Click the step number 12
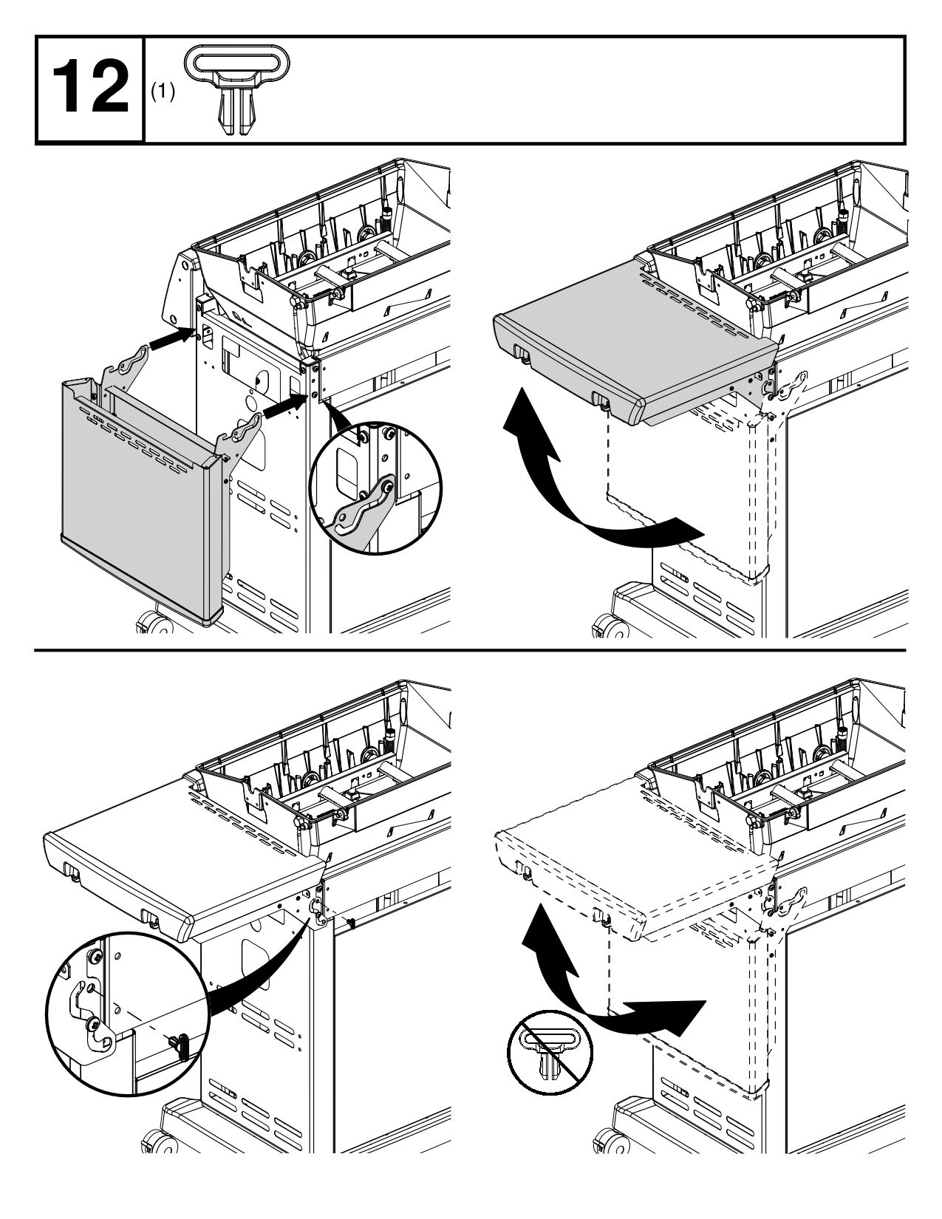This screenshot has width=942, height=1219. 90,89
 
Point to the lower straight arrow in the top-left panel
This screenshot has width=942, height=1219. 284,406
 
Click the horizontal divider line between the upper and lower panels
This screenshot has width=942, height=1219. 471,650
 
